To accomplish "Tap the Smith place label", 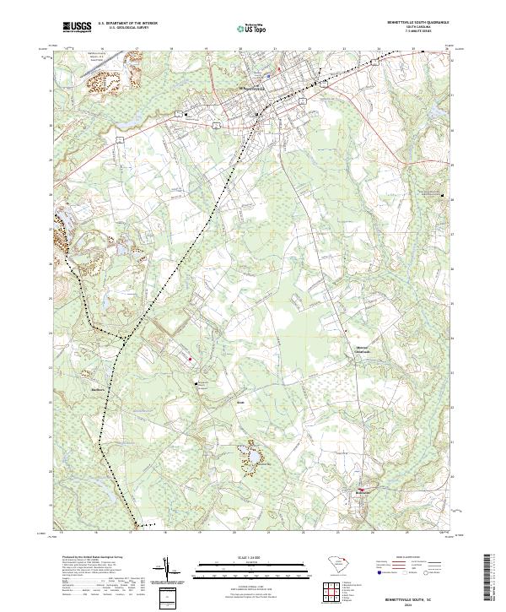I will pyautogui.click(x=240, y=403).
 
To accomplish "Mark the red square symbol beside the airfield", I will pyautogui.click(x=191, y=359).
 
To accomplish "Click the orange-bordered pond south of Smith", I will pyautogui.click(x=250, y=457).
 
